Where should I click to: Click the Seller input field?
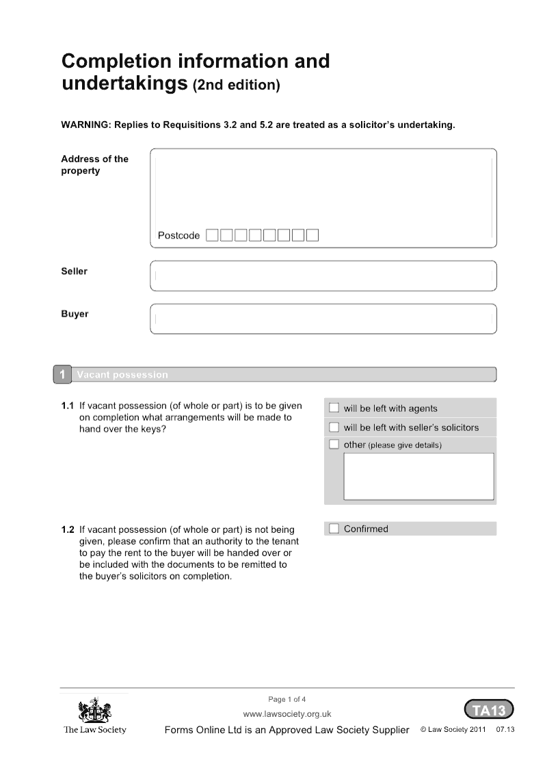click(x=323, y=276)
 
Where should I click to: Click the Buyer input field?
click(x=323, y=319)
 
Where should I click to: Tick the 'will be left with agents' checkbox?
click(x=334, y=408)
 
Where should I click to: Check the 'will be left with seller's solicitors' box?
click(x=334, y=428)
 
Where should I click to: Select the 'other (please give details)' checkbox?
click(x=334, y=445)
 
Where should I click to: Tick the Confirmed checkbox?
click(x=334, y=529)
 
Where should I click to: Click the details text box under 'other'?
click(x=418, y=476)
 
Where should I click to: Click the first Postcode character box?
click(x=213, y=236)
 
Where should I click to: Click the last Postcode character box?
click(x=312, y=236)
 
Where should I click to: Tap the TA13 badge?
click(x=489, y=710)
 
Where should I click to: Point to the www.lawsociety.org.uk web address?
click(x=287, y=714)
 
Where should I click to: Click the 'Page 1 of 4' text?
click(x=287, y=699)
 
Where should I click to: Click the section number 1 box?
click(x=62, y=375)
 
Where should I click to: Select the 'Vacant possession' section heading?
click(x=122, y=375)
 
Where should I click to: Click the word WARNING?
click(x=85, y=126)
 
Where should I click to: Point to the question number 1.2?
click(x=68, y=529)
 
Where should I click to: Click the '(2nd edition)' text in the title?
click(x=237, y=86)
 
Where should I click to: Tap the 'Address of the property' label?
click(x=94, y=165)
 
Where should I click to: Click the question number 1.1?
click(x=68, y=406)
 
